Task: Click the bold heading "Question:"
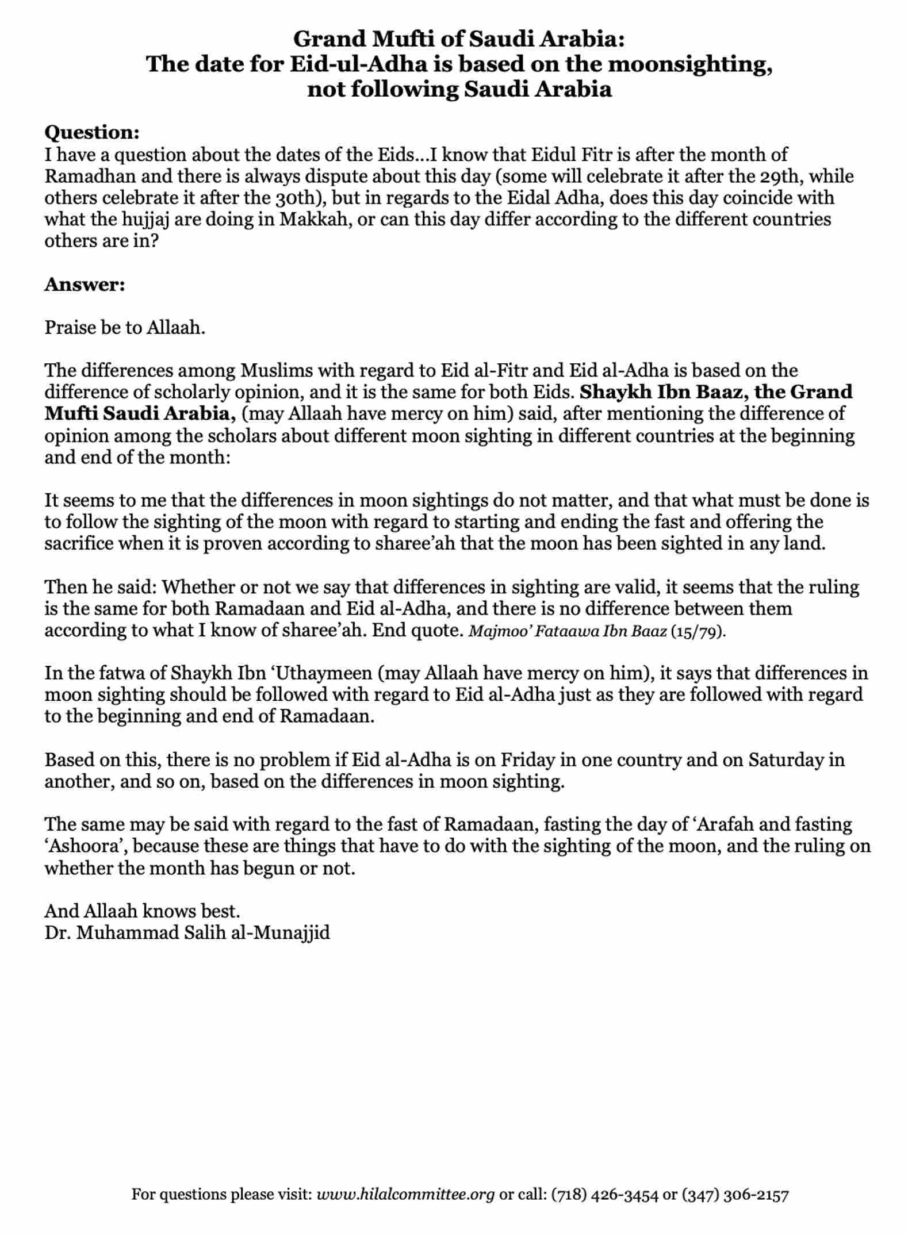click(x=92, y=132)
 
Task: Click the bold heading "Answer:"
click(x=85, y=285)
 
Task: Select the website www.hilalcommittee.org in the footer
click(x=405, y=1195)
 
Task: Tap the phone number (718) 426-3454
click(x=604, y=1195)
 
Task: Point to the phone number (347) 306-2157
click(x=735, y=1195)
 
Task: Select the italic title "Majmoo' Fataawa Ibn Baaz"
click(x=568, y=631)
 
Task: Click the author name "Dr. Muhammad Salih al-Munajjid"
click(x=187, y=932)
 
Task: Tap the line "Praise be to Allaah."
click(x=125, y=328)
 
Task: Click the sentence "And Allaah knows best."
click(x=142, y=911)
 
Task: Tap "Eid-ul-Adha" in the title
click(x=358, y=64)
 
